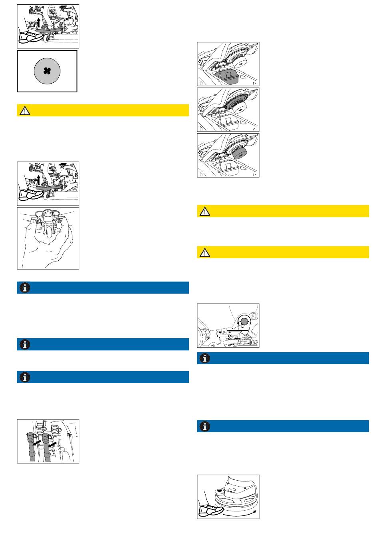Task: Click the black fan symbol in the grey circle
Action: click(47, 71)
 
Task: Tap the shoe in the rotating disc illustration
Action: click(210, 510)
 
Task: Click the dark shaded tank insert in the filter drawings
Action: click(227, 75)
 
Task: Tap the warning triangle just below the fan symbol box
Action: click(24, 111)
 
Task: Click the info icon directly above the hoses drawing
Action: click(24, 377)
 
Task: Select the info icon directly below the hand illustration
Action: click(24, 288)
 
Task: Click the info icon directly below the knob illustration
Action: click(204, 358)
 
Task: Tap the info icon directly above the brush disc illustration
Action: click(204, 426)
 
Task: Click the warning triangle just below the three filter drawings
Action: click(204, 211)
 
